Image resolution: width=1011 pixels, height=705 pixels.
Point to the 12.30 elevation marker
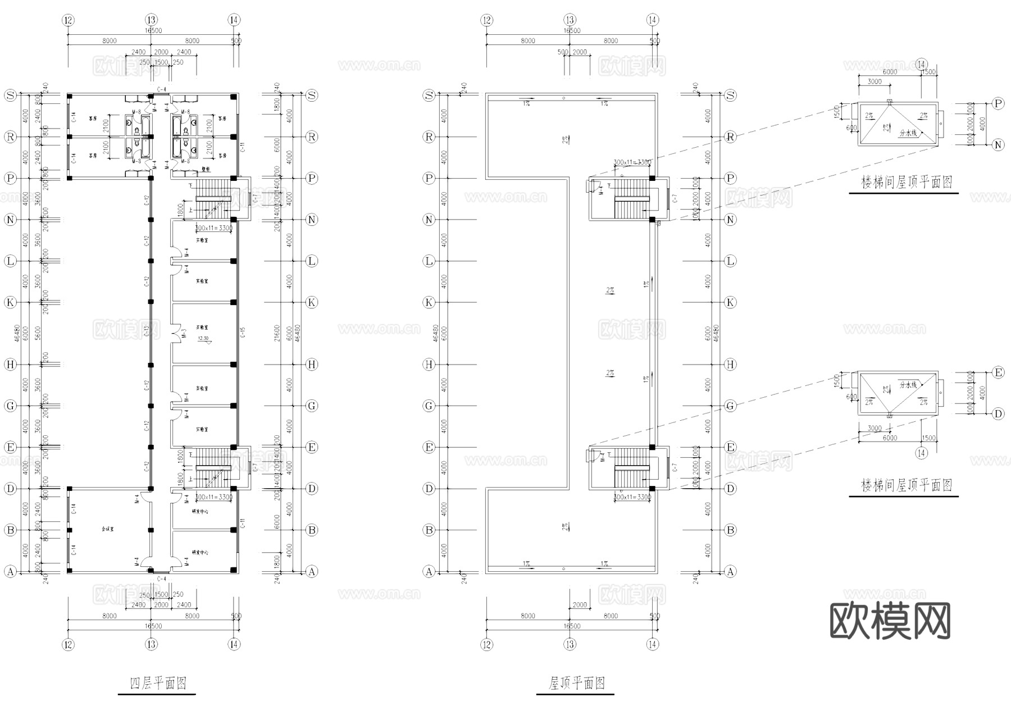click(x=203, y=339)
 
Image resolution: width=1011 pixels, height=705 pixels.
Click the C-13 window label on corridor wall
click(x=147, y=331)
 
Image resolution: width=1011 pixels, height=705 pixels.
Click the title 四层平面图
click(x=158, y=683)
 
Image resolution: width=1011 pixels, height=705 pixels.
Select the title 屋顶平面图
click(x=576, y=683)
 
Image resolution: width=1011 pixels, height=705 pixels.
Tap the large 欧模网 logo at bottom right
click(x=890, y=621)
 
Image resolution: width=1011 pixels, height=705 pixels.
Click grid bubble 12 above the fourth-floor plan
click(x=69, y=20)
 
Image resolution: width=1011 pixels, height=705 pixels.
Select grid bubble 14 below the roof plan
click(x=653, y=644)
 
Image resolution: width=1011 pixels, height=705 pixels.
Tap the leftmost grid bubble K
click(x=10, y=302)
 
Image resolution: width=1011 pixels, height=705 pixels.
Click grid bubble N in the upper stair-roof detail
click(x=998, y=145)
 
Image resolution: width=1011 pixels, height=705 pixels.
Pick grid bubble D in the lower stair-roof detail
click(x=998, y=414)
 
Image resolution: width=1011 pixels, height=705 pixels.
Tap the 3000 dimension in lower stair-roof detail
click(x=875, y=428)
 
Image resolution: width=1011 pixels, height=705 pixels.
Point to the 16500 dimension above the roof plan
click(x=571, y=31)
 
